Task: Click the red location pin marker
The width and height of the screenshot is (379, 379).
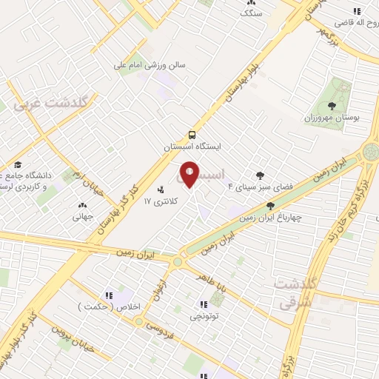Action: point(189,175)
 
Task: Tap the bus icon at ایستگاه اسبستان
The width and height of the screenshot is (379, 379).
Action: point(192,135)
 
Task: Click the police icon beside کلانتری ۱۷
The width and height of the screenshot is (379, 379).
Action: point(161,189)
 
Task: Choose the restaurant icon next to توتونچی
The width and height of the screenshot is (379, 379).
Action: point(202,303)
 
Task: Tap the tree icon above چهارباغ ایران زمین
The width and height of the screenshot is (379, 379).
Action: point(272,205)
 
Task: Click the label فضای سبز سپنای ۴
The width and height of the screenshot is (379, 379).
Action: point(252,187)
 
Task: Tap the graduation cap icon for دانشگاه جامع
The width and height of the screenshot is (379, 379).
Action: point(18,164)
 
